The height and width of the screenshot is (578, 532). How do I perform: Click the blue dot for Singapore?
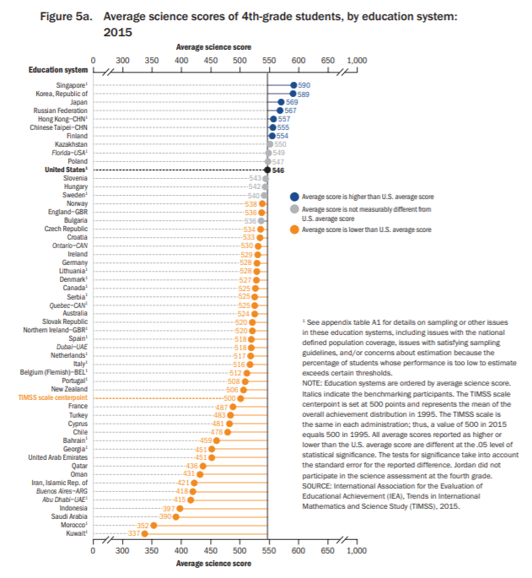pyautogui.click(x=293, y=85)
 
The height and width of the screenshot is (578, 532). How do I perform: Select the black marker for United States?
pyautogui.click(x=267, y=170)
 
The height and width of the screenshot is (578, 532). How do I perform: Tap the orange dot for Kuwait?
pyautogui.click(x=144, y=533)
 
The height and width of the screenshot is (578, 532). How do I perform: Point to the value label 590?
pyautogui.click(x=304, y=85)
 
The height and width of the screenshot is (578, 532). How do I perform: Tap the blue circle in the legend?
pyautogui.click(x=294, y=196)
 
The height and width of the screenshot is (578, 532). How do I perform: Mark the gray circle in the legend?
pyautogui.click(x=294, y=208)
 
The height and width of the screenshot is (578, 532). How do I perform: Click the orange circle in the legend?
pyautogui.click(x=294, y=229)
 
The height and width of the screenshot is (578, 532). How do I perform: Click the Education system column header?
pyautogui.click(x=57, y=70)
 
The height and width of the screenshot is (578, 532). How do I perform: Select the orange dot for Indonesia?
pyautogui.click(x=180, y=508)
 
